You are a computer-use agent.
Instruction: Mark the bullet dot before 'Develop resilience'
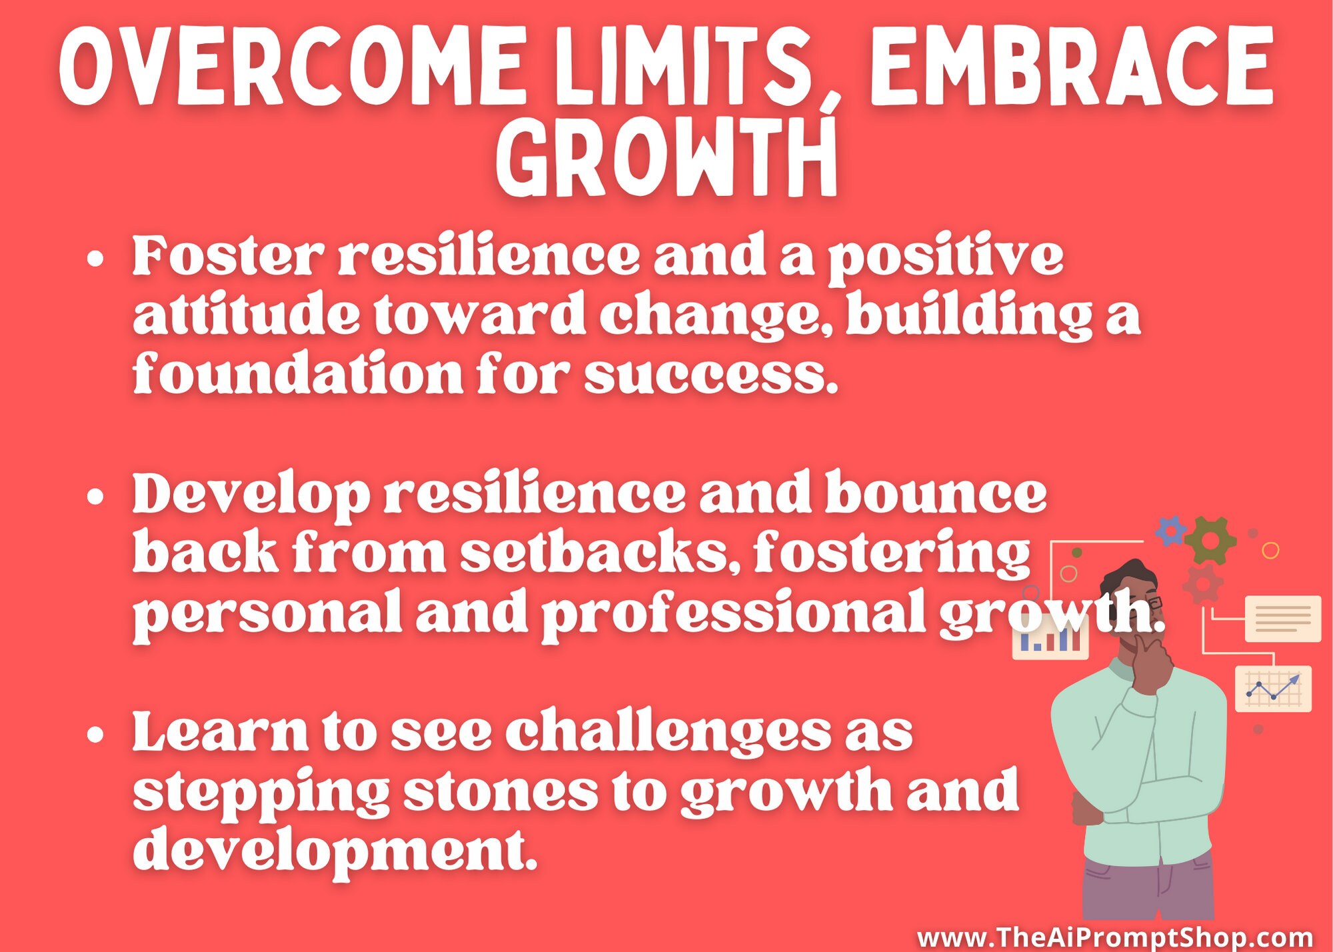pyautogui.click(x=96, y=497)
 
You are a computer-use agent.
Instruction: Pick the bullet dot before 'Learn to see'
pyautogui.click(x=96, y=735)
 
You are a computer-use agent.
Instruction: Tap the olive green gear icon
pyautogui.click(x=1210, y=539)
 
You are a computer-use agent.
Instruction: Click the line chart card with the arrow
pyautogui.click(x=1272, y=689)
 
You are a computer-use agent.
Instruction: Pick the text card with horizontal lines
pyautogui.click(x=1282, y=619)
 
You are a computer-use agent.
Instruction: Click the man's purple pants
pyautogui.click(x=1147, y=887)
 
